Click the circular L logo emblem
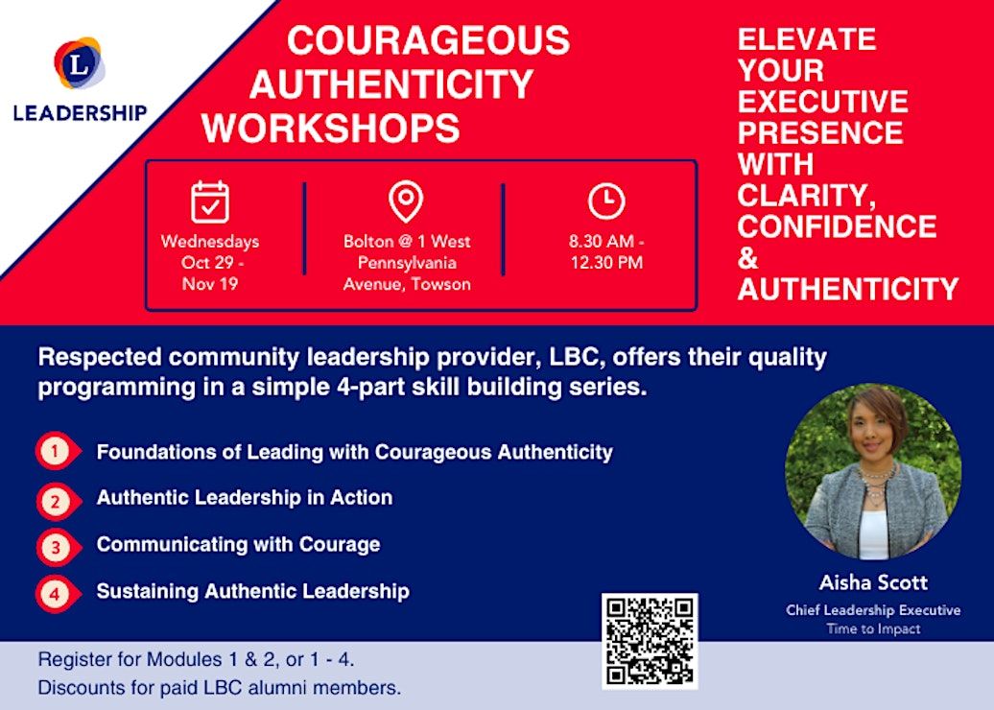click(x=80, y=62)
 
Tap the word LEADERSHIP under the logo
click(x=80, y=113)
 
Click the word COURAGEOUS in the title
click(x=429, y=39)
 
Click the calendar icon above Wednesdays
click(x=210, y=201)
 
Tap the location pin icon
click(x=406, y=201)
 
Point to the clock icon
click(x=606, y=201)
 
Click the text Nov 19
click(x=210, y=283)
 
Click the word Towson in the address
click(x=439, y=283)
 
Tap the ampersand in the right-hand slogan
click(x=748, y=258)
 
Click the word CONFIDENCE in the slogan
click(x=837, y=226)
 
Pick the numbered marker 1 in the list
click(x=55, y=451)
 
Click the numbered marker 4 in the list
click(x=55, y=594)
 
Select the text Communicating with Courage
click(x=238, y=544)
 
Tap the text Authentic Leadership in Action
click(x=245, y=497)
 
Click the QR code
click(x=650, y=641)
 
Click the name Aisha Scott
click(x=873, y=582)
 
